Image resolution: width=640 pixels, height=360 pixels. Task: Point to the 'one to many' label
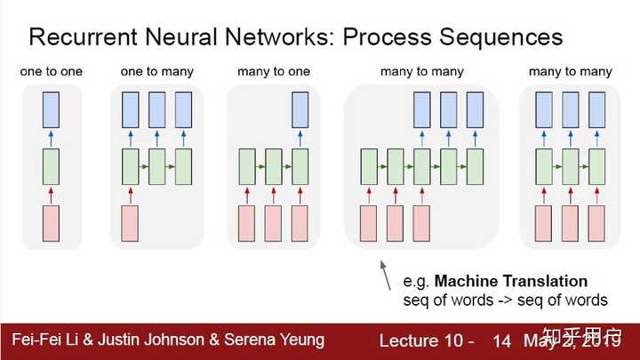[x=158, y=70]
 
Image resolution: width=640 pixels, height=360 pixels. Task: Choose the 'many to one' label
[x=274, y=70]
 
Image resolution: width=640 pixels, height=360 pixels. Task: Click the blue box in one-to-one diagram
[x=51, y=108]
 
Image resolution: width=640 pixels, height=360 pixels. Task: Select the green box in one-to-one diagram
[x=51, y=166]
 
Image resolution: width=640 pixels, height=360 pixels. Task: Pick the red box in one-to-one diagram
[x=51, y=223]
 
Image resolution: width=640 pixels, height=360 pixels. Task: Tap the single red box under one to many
[x=130, y=223]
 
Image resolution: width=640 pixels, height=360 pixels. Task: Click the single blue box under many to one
[x=300, y=108]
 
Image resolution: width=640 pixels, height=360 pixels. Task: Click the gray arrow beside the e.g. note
[x=385, y=275]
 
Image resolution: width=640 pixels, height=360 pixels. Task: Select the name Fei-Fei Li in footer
[x=44, y=340]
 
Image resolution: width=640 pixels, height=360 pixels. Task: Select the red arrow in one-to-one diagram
[x=51, y=195]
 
